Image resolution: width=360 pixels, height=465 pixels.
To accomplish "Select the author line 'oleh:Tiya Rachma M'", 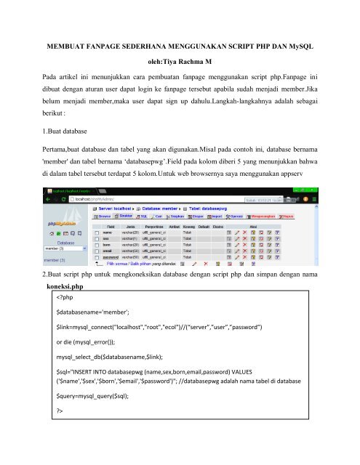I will pyautogui.click(x=180, y=62).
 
